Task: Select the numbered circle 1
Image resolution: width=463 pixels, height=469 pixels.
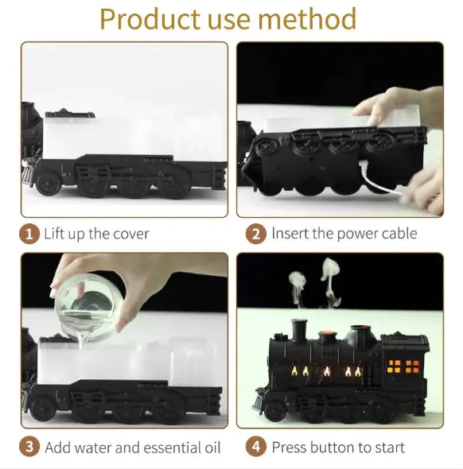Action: pyautogui.click(x=29, y=234)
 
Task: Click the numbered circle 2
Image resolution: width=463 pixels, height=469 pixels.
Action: pyautogui.click(x=256, y=234)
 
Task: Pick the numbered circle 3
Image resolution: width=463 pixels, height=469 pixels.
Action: pyautogui.click(x=29, y=447)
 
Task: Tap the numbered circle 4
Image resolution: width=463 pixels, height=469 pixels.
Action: pyautogui.click(x=256, y=447)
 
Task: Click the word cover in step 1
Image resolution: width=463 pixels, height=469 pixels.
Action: pyautogui.click(x=130, y=234)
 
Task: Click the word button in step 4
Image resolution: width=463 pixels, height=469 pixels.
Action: pyautogui.click(x=333, y=447)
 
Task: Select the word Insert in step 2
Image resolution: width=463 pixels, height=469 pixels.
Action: pyautogui.click(x=290, y=234)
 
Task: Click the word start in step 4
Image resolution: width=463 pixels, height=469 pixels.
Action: pyautogui.click(x=387, y=447)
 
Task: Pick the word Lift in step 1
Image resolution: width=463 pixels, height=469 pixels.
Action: pyautogui.click(x=54, y=234)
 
